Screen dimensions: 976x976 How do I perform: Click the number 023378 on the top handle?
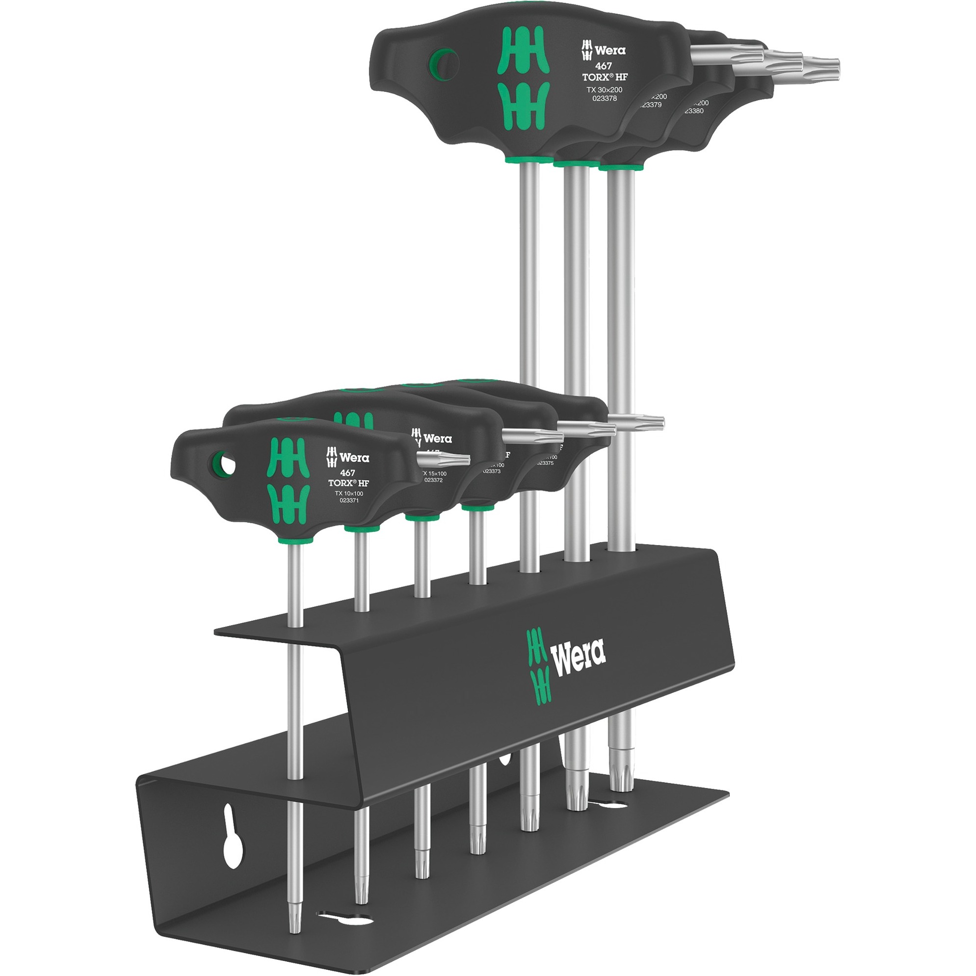click(x=604, y=99)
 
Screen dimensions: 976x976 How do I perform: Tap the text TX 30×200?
click(x=604, y=89)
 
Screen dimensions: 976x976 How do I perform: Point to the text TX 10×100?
click(x=348, y=493)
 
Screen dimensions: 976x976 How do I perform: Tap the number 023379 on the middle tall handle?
click(x=651, y=105)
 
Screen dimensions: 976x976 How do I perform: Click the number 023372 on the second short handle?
click(x=433, y=480)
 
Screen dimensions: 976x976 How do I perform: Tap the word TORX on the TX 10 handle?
click(x=343, y=483)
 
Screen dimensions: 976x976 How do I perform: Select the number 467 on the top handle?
click(x=603, y=66)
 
